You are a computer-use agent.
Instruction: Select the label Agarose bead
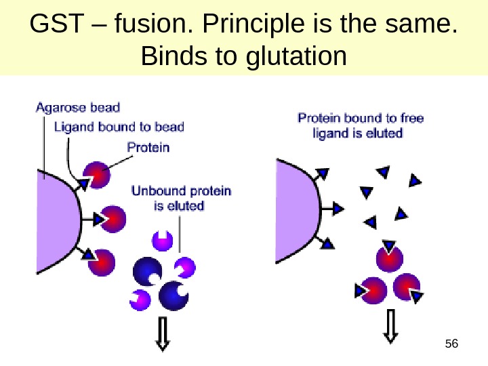tap(77, 107)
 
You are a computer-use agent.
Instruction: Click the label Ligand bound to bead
tap(118, 127)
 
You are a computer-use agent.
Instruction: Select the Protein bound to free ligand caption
tap(361, 125)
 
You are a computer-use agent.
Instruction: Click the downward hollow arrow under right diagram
tap(390, 326)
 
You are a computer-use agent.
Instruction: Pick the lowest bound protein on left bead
tap(102, 261)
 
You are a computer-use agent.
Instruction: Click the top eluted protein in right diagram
tap(389, 257)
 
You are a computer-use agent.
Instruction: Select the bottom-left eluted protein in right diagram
tap(372, 291)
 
